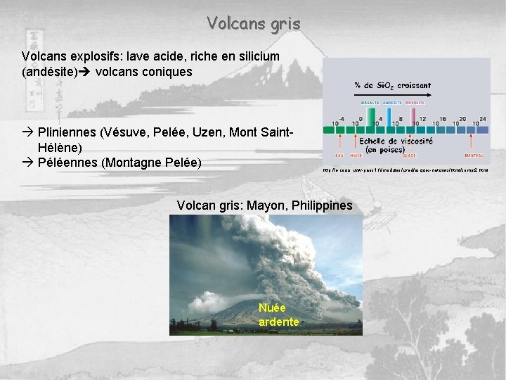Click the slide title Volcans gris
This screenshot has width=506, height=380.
pyautogui.click(x=254, y=23)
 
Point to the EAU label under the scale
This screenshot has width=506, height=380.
pyautogui.click(x=339, y=156)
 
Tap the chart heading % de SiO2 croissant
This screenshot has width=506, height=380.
pyautogui.click(x=392, y=84)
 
